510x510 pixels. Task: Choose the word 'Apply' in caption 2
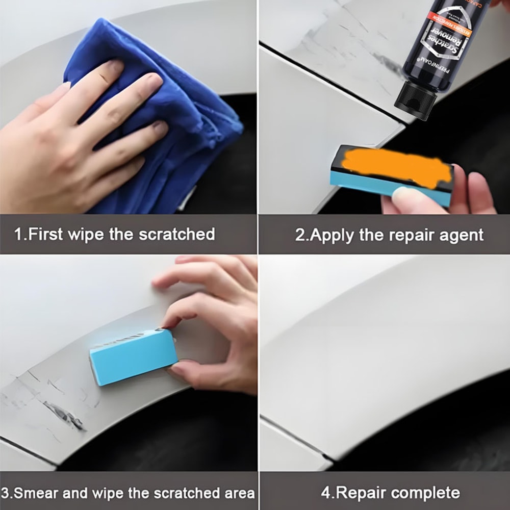coord(330,235)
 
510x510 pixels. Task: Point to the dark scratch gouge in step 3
coord(64,414)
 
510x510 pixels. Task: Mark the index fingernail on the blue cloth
coord(114,65)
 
